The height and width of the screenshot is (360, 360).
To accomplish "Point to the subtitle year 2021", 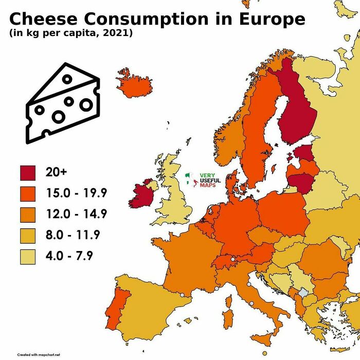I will click(118, 34).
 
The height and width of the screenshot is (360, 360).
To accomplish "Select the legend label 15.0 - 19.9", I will click(76, 194).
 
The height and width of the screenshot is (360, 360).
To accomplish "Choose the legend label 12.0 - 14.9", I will click(76, 214).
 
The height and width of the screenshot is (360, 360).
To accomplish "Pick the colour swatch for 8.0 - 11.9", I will click(28, 236).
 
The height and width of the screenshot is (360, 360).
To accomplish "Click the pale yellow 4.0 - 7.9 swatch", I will click(28, 256).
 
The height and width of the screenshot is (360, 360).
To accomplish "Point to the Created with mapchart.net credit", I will click(39, 355).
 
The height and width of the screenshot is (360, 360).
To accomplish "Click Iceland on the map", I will click(135, 84).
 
